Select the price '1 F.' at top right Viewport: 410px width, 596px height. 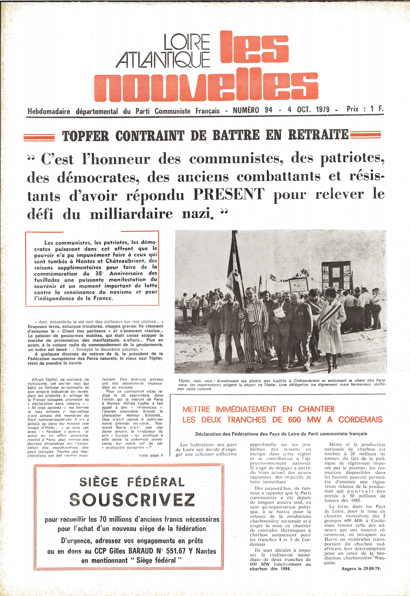[377, 109]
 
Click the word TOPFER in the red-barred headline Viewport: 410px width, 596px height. [86, 136]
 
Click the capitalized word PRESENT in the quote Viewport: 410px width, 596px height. [229, 194]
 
